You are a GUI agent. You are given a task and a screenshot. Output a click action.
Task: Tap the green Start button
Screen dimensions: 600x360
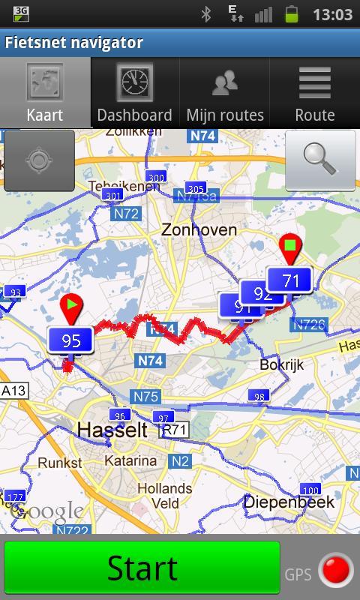coord(142,568)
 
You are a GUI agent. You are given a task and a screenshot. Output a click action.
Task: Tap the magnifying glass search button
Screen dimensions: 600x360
coord(320,160)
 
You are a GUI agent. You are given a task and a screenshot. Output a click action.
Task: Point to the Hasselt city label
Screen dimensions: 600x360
coord(112,430)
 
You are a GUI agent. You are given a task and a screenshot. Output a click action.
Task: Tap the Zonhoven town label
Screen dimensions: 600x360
coord(199,230)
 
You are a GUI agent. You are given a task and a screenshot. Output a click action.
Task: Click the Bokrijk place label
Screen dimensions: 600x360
coord(281,365)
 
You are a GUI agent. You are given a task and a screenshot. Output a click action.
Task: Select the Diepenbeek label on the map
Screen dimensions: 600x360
coord(289,502)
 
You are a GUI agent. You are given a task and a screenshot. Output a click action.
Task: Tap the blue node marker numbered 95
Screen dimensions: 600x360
coord(70,341)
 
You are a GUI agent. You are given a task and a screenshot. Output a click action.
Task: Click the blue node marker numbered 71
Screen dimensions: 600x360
coord(289,280)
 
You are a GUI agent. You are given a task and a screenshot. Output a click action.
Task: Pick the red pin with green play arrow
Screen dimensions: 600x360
coord(70,307)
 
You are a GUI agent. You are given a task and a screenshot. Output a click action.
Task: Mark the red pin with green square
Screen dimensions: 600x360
coord(289,247)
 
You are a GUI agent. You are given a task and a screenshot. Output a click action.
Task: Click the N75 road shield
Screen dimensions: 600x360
coord(145,397)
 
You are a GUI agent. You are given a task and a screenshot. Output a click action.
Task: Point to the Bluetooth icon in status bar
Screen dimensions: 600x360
coord(206,13)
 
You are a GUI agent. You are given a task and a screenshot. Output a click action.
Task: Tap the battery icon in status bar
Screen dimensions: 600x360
coord(292,13)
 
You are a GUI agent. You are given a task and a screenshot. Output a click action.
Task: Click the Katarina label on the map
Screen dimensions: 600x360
coord(130,460)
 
